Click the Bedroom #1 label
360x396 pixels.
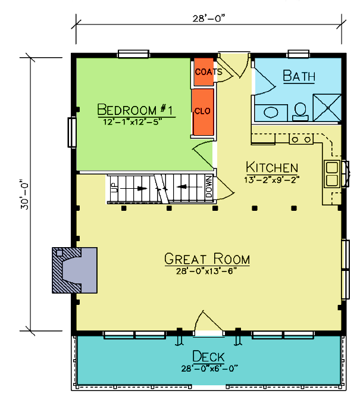(136, 110)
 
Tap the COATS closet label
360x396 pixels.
(209, 72)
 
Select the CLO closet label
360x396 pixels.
(202, 111)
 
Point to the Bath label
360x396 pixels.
(299, 76)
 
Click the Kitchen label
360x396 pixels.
(272, 167)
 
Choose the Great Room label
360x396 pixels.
(207, 258)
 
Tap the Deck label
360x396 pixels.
(208, 356)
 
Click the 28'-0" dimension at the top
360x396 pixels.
(209, 18)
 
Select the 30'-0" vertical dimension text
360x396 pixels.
(25, 194)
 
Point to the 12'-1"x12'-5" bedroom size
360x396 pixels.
(132, 122)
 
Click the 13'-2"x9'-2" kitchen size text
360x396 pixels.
(272, 180)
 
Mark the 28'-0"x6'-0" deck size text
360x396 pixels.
(209, 369)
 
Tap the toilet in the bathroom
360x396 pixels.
(300, 112)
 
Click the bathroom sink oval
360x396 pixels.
(271, 113)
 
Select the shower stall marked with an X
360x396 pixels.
(327, 108)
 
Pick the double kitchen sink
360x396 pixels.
(332, 174)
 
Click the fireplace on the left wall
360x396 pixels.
(74, 270)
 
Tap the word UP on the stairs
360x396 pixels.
(115, 188)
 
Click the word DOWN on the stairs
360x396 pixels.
(209, 187)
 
